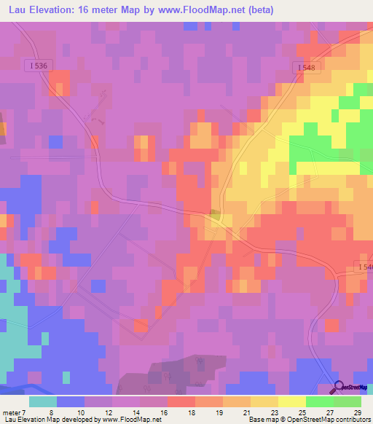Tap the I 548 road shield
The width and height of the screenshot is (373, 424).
pyautogui.click(x=307, y=67)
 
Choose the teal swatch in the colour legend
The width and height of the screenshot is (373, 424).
pyautogui.click(x=43, y=401)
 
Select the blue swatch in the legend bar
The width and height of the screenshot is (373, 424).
pyautogui.click(x=71, y=401)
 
